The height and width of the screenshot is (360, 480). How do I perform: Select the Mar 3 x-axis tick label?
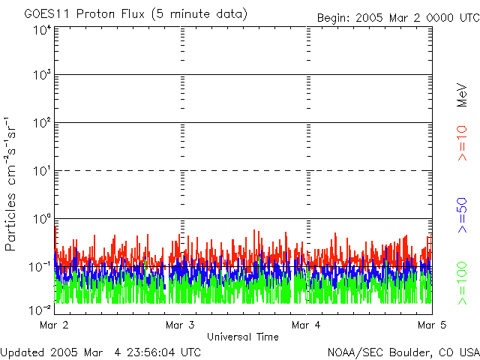[180, 325]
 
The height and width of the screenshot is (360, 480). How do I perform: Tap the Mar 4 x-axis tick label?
[306, 325]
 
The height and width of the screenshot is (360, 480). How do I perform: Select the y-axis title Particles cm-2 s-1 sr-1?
[13, 184]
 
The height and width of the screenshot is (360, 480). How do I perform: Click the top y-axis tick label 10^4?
[41, 30]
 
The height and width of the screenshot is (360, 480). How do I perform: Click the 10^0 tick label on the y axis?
[41, 220]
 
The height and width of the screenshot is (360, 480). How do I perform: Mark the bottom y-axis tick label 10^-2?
[40, 310]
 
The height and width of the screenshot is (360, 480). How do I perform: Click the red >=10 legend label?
[463, 142]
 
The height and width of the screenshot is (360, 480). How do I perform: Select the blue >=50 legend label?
[463, 215]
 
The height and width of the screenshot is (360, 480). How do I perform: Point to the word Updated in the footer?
[22, 352]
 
